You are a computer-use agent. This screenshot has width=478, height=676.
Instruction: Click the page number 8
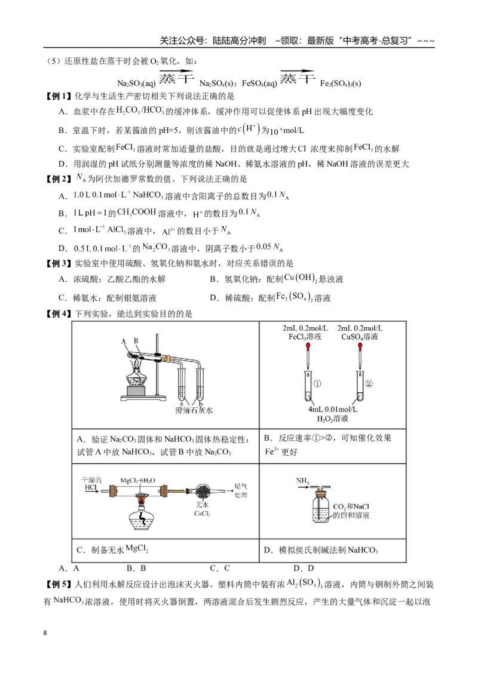point(45,633)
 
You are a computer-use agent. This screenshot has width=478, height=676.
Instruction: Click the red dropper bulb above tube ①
point(308,346)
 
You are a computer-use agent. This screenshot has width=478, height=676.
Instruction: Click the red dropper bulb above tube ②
point(360,346)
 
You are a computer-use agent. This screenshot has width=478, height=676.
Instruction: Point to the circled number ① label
point(317,383)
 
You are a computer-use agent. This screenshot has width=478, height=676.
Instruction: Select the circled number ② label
point(369,383)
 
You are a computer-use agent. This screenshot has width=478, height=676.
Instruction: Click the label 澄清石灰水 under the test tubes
point(194,410)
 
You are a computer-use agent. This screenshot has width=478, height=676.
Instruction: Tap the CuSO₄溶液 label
point(359,337)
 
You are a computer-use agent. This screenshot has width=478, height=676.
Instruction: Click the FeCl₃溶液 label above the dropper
point(305,337)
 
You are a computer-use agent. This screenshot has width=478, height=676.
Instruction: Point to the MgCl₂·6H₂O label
point(137,481)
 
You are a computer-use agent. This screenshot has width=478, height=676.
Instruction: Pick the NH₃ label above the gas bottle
point(302,481)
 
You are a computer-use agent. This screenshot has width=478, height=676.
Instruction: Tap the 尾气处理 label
point(241,491)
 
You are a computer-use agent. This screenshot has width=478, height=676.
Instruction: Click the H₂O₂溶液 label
point(332,419)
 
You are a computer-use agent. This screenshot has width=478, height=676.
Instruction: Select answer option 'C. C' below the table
point(220,569)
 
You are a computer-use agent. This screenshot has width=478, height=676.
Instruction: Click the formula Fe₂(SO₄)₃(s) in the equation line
point(341,84)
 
